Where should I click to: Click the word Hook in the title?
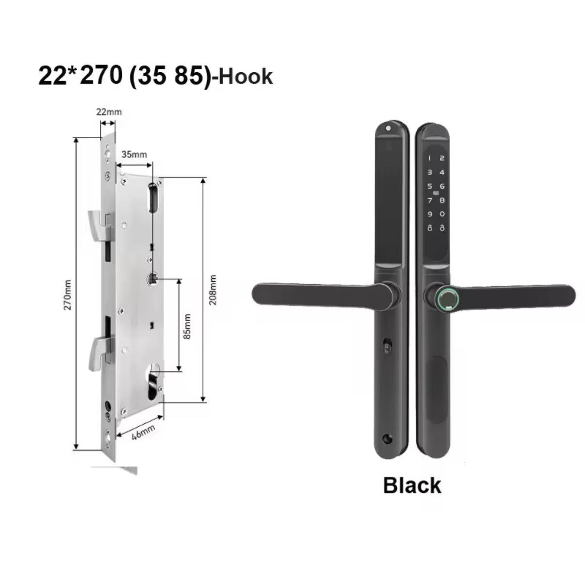pos(245,77)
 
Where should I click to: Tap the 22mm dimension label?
pos(109,112)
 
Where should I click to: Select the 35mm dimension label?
pos(134,154)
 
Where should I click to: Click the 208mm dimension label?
pos(212,289)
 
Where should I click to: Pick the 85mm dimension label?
pos(187,326)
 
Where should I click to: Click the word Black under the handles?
pos(412,485)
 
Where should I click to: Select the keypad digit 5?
pos(429,186)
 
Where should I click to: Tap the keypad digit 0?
pos(442,214)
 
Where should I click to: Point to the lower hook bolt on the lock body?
pos(99,353)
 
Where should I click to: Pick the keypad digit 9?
pos(429,214)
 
